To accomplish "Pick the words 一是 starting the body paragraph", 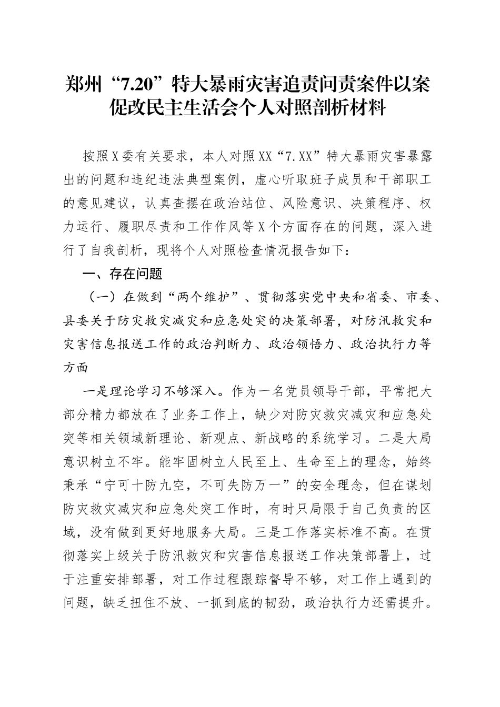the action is [96, 392].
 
